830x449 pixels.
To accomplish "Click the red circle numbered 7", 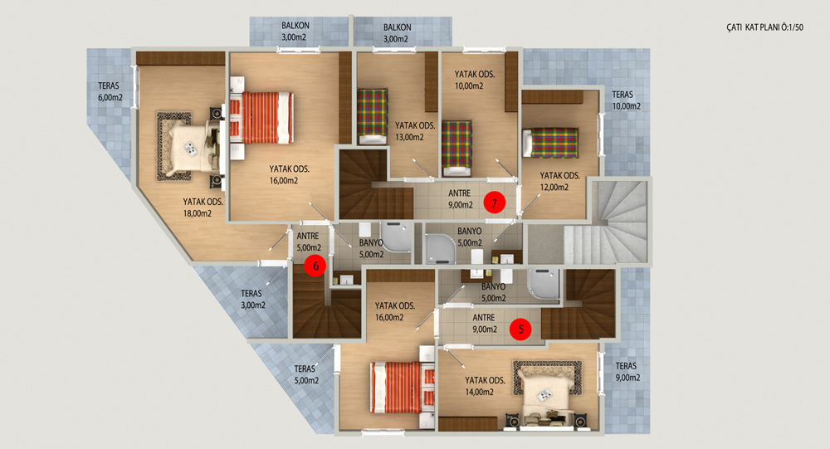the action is point(495,203).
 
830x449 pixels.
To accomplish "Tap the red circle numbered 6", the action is point(315,266).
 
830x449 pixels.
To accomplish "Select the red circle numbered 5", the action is point(521,329).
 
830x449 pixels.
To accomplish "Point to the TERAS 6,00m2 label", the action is point(110,91).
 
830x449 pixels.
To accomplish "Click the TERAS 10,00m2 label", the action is point(626,100).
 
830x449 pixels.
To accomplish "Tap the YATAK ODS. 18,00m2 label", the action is point(203,207).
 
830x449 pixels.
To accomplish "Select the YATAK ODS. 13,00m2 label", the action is point(415,131).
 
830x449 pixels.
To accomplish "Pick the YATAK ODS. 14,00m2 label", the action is point(485,386).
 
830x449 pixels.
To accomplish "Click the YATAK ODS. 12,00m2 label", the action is point(559,181).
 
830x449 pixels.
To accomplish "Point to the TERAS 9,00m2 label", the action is point(627,372).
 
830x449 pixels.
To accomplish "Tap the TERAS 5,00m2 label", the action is point(306,374).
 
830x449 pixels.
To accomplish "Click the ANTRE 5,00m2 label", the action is point(309,242).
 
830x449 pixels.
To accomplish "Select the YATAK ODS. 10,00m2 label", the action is point(474,80).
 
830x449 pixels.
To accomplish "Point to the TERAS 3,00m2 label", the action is point(253,299).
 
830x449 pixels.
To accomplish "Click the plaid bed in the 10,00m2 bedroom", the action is point(456,149).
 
